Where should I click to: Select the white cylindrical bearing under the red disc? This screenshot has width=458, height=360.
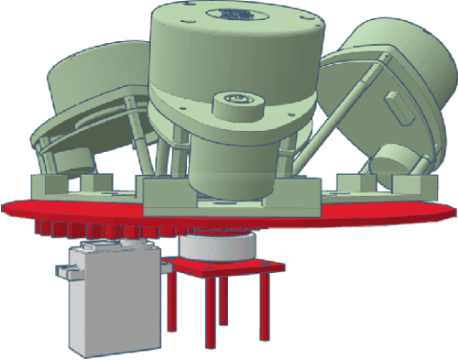click(214, 245)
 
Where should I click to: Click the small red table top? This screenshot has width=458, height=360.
click(229, 267)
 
